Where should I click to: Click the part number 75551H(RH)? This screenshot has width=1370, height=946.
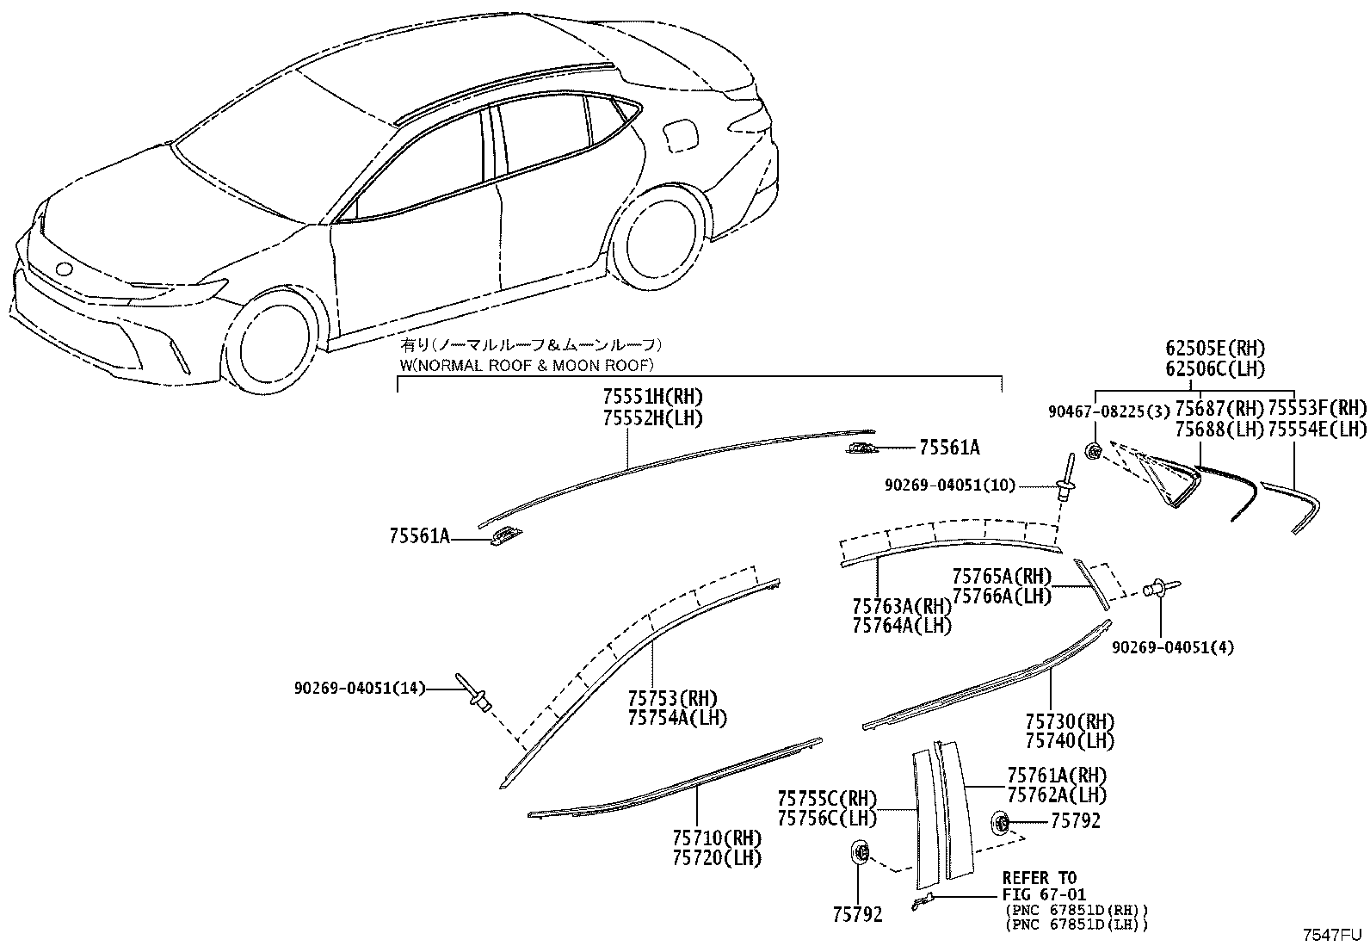click(652, 397)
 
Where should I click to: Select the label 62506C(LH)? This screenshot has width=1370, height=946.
click(1215, 369)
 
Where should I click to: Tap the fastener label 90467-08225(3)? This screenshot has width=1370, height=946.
click(1109, 411)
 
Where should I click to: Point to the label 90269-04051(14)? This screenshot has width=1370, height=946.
click(360, 689)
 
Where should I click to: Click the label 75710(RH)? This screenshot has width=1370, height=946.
click(718, 838)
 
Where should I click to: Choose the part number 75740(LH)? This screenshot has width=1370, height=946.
click(1071, 741)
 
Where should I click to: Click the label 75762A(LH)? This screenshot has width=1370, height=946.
click(1058, 795)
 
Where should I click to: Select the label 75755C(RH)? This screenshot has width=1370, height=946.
click(828, 799)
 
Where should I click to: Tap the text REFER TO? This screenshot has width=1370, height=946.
click(1040, 878)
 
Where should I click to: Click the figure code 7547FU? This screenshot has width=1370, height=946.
click(1330, 935)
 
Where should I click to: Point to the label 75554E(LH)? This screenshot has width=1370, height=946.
click(1317, 429)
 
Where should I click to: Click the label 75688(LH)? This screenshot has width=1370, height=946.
click(1219, 429)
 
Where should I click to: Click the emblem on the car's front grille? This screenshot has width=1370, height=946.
click(63, 269)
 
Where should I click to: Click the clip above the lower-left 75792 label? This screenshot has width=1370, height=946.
click(860, 852)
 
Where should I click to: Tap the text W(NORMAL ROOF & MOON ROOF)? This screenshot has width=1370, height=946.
click(528, 365)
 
